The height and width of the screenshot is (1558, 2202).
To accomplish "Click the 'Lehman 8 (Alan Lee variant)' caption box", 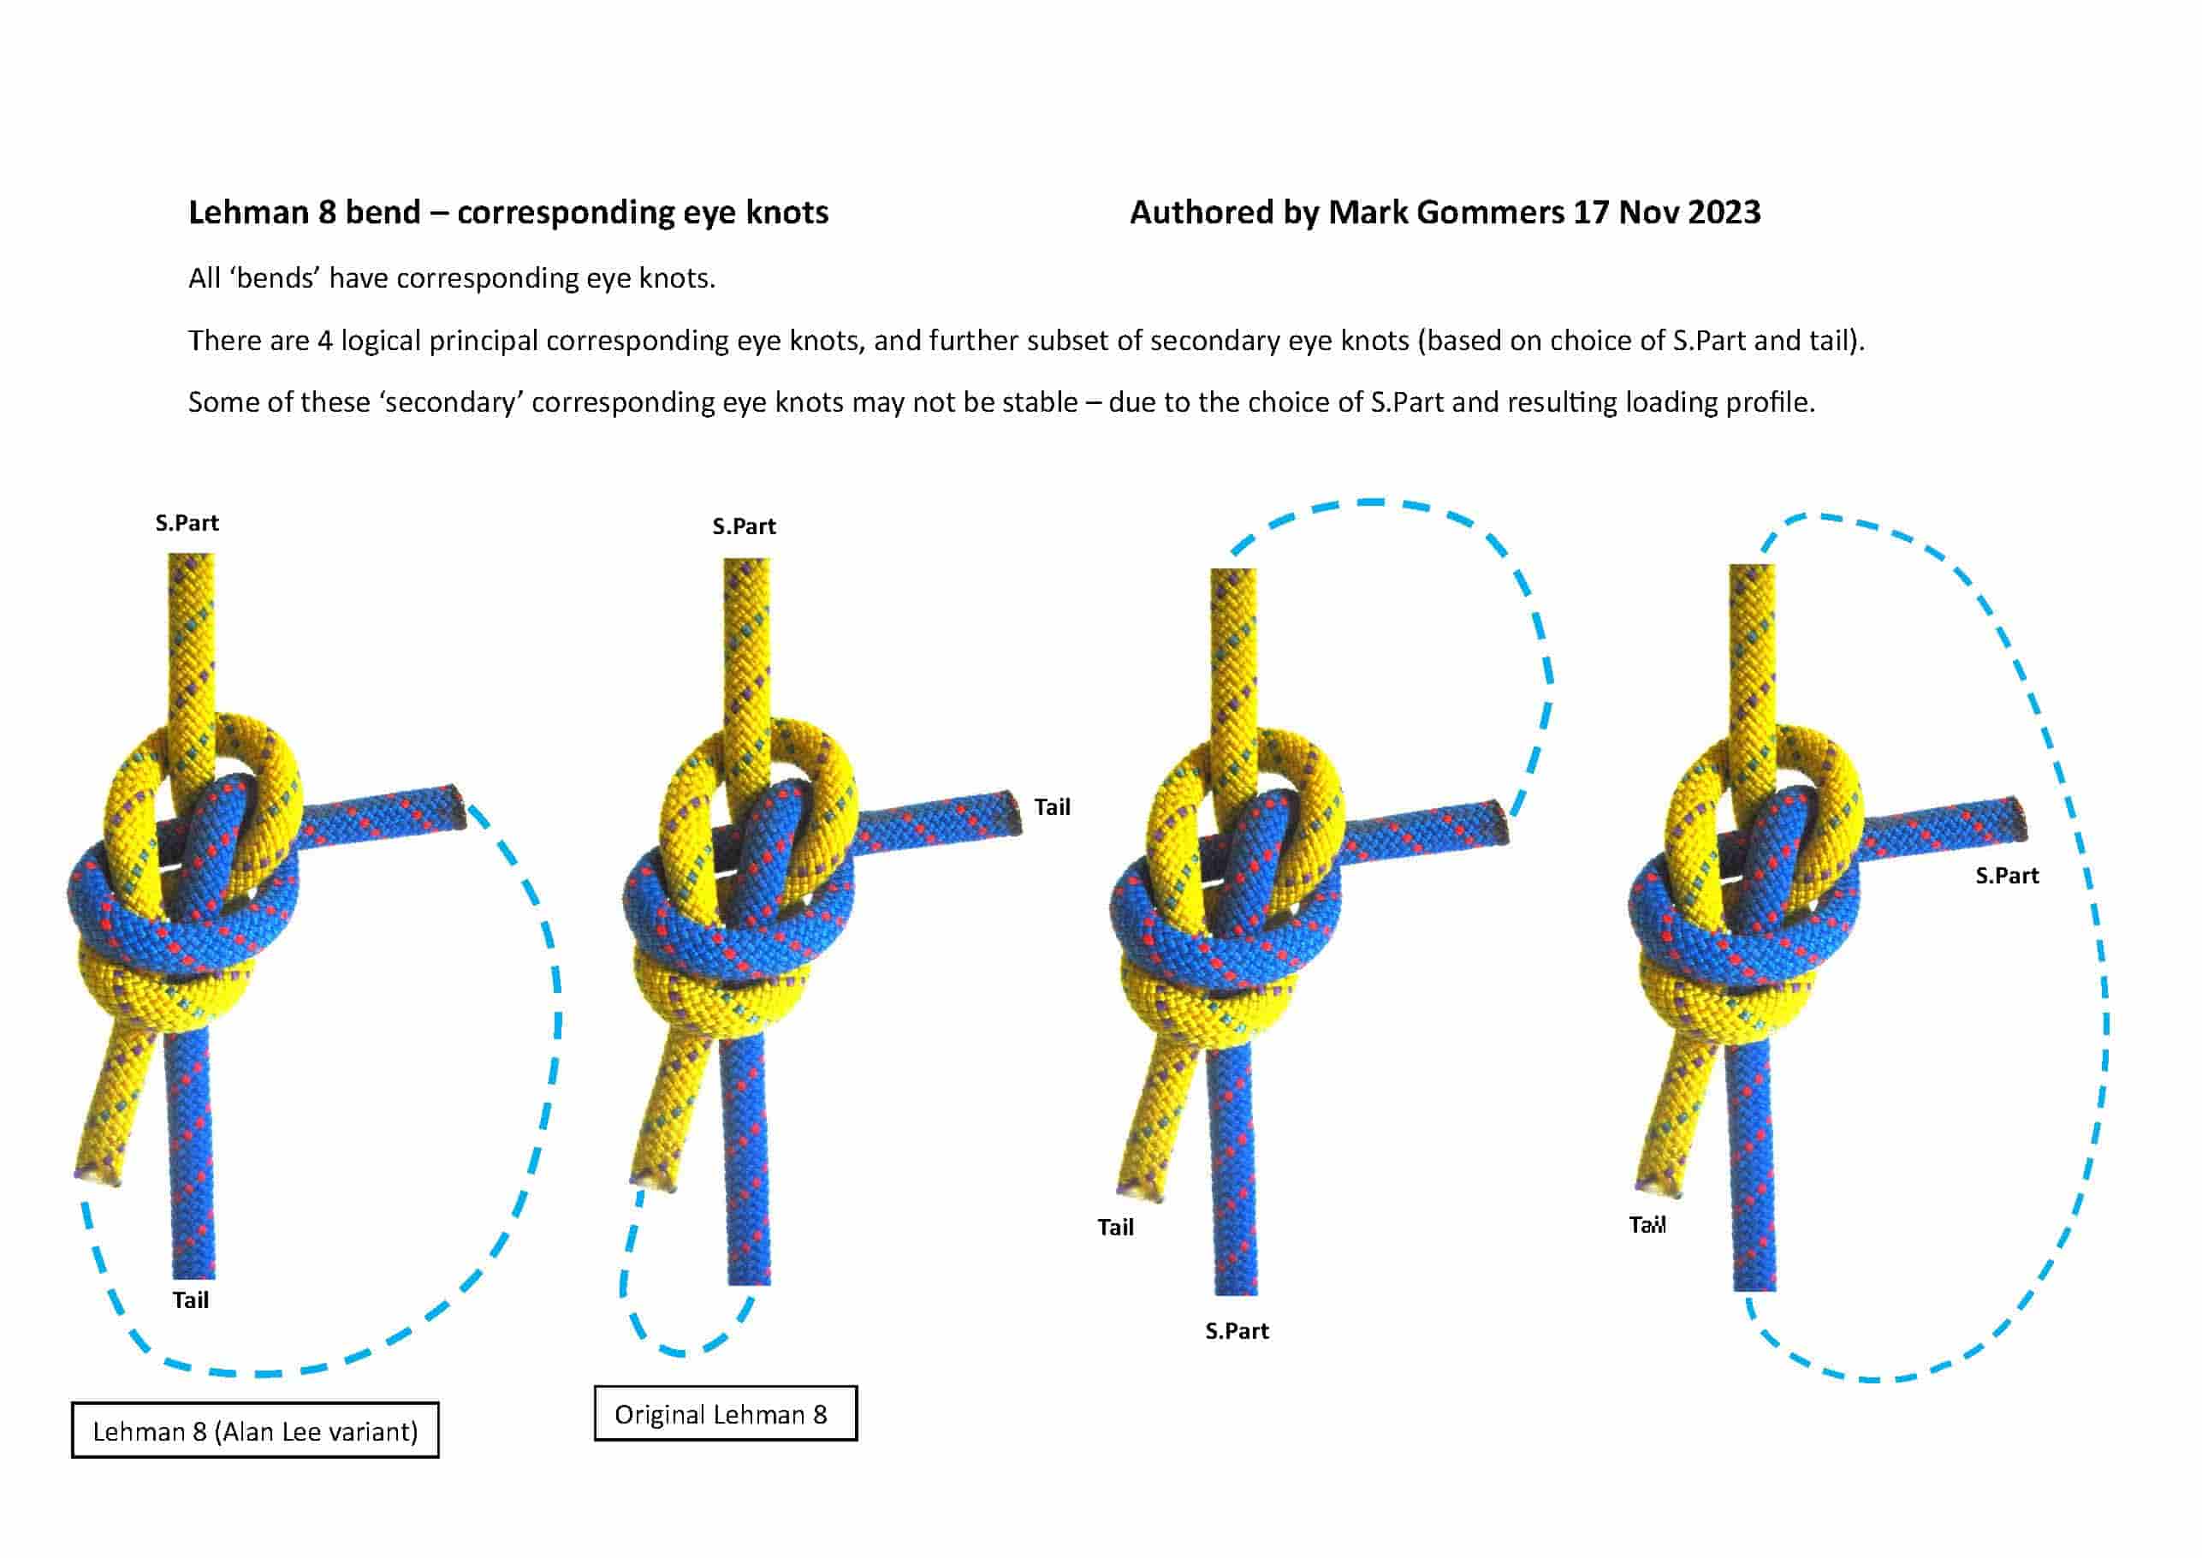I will tap(255, 1430).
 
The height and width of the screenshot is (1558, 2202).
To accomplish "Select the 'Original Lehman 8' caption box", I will tap(725, 1413).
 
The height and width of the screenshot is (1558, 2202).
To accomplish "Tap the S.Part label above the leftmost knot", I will tap(187, 523).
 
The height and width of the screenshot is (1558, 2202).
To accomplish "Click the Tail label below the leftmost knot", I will tap(190, 1300).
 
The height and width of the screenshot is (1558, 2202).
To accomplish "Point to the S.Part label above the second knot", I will tap(745, 526).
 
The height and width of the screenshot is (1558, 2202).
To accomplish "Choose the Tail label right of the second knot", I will tap(1052, 806).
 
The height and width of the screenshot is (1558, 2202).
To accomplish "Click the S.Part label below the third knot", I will tap(1238, 1330).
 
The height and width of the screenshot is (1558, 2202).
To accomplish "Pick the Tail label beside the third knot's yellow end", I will tap(1115, 1227).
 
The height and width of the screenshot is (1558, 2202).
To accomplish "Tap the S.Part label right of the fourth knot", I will tap(2008, 875).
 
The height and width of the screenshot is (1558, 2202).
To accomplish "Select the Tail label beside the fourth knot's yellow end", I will tap(1647, 1225).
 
